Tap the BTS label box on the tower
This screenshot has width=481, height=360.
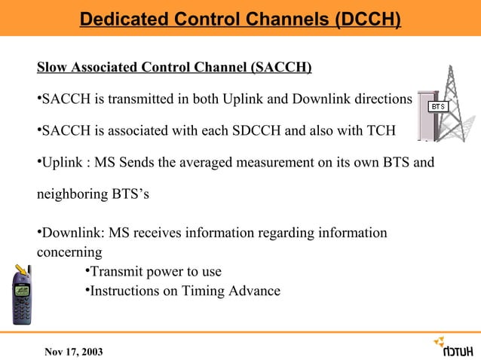(x=439, y=107)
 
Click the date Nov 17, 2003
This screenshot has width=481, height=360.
(x=75, y=351)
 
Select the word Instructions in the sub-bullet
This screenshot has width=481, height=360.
(x=122, y=291)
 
